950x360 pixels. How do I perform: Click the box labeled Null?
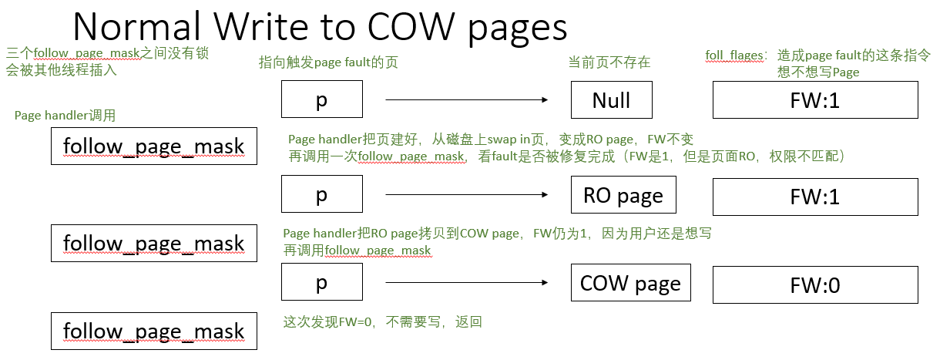click(611, 100)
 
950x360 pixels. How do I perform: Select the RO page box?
click(623, 196)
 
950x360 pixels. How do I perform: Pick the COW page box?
click(630, 284)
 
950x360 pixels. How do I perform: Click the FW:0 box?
click(814, 285)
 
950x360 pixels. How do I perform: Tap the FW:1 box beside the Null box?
click(814, 100)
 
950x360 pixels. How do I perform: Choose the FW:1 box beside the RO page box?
click(814, 196)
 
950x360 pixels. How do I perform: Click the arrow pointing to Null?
click(466, 100)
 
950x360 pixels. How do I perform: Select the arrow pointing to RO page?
click(466, 196)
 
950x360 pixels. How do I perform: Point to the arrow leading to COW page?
click(466, 284)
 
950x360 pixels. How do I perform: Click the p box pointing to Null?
click(321, 100)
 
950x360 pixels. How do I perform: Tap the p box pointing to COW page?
click(321, 284)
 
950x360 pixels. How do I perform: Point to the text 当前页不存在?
click(609, 62)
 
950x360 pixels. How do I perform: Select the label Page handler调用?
click(65, 116)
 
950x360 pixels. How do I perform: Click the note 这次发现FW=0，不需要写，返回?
click(383, 321)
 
